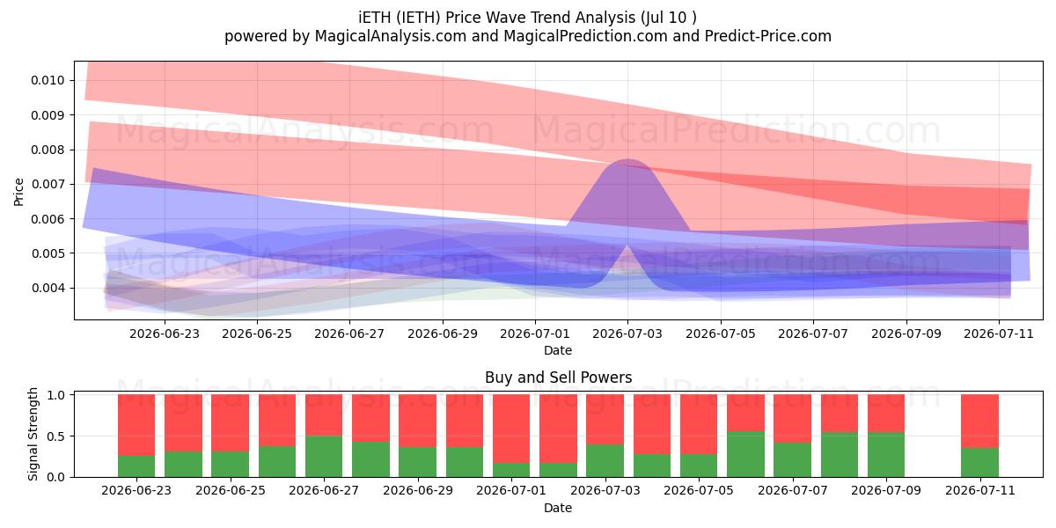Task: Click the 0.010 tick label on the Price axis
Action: (x=48, y=81)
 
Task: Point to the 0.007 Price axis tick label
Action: (x=48, y=184)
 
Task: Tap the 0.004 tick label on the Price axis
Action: (x=48, y=288)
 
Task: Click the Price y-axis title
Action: (x=18, y=192)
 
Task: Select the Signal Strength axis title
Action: (x=33, y=434)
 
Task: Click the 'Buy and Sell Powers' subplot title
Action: (x=558, y=378)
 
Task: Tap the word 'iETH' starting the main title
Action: (x=375, y=18)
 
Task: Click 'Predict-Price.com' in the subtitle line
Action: (x=768, y=36)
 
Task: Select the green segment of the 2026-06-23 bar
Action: (x=136, y=466)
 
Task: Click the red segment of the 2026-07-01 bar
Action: (x=511, y=429)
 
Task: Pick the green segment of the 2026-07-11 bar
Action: (x=979, y=463)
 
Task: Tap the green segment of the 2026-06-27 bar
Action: (x=324, y=457)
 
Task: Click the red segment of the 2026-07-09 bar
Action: (x=886, y=414)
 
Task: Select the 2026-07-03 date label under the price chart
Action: (x=627, y=334)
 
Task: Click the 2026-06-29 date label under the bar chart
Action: (x=418, y=490)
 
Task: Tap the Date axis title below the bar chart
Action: (x=558, y=508)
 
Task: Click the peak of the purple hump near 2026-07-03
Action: (x=628, y=159)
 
